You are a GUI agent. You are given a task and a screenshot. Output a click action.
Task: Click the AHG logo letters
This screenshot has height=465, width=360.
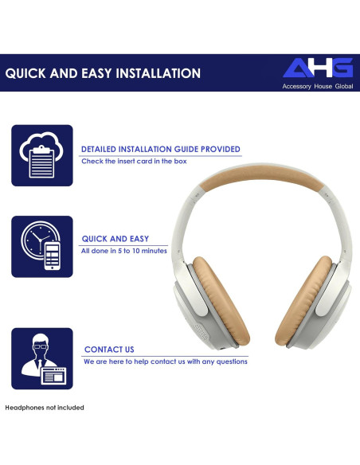(317, 68)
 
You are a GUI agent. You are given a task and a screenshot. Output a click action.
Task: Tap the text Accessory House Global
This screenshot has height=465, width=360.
(317, 86)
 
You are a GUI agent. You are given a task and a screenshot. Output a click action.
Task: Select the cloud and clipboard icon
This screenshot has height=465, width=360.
(41, 155)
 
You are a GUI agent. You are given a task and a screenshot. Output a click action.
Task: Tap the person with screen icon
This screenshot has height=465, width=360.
(41, 358)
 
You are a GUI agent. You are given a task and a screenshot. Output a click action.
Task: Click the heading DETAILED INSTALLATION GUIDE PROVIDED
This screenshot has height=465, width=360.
(160, 149)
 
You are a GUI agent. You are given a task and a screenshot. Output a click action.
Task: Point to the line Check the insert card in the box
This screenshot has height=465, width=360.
(134, 161)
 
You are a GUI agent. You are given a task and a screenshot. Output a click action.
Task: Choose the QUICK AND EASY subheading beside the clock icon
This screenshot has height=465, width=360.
(115, 238)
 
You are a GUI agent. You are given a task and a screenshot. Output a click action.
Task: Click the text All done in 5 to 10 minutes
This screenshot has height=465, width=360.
(123, 251)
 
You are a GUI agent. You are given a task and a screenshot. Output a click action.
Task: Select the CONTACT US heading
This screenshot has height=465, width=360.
(109, 350)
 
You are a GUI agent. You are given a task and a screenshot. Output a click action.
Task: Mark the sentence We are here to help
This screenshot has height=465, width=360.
(165, 361)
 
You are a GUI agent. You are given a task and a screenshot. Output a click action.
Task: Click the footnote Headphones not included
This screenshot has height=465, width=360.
(45, 408)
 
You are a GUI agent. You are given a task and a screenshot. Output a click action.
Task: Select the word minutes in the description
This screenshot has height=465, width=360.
(153, 251)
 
